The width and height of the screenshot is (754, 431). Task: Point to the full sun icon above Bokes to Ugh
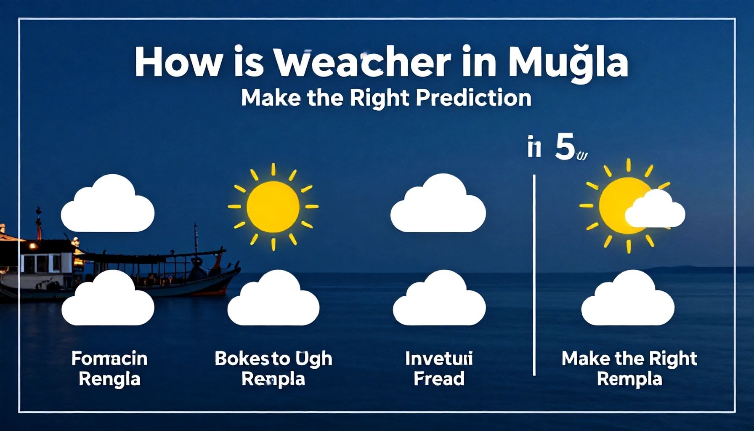(273, 207)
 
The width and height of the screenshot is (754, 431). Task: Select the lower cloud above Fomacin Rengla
(108, 300)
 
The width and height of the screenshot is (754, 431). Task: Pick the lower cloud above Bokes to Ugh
(273, 300)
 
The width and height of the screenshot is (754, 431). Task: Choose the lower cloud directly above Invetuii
(439, 300)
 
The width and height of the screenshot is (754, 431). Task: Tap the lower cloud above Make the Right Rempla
(628, 300)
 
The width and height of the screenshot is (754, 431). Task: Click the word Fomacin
(109, 359)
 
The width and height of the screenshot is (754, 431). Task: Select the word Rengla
(109, 379)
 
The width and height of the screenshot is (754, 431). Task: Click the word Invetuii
(439, 359)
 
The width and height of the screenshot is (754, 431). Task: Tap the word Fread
(439, 379)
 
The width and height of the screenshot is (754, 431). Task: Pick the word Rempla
(629, 379)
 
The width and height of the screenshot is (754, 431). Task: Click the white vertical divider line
(534, 274)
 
